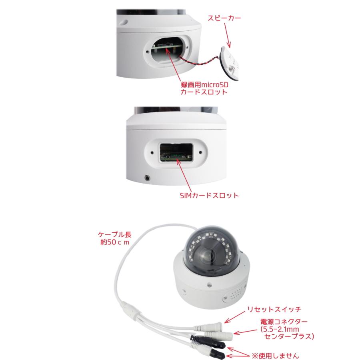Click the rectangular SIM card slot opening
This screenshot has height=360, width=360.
[x=176, y=153]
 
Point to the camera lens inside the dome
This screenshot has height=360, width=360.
[x=211, y=253]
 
